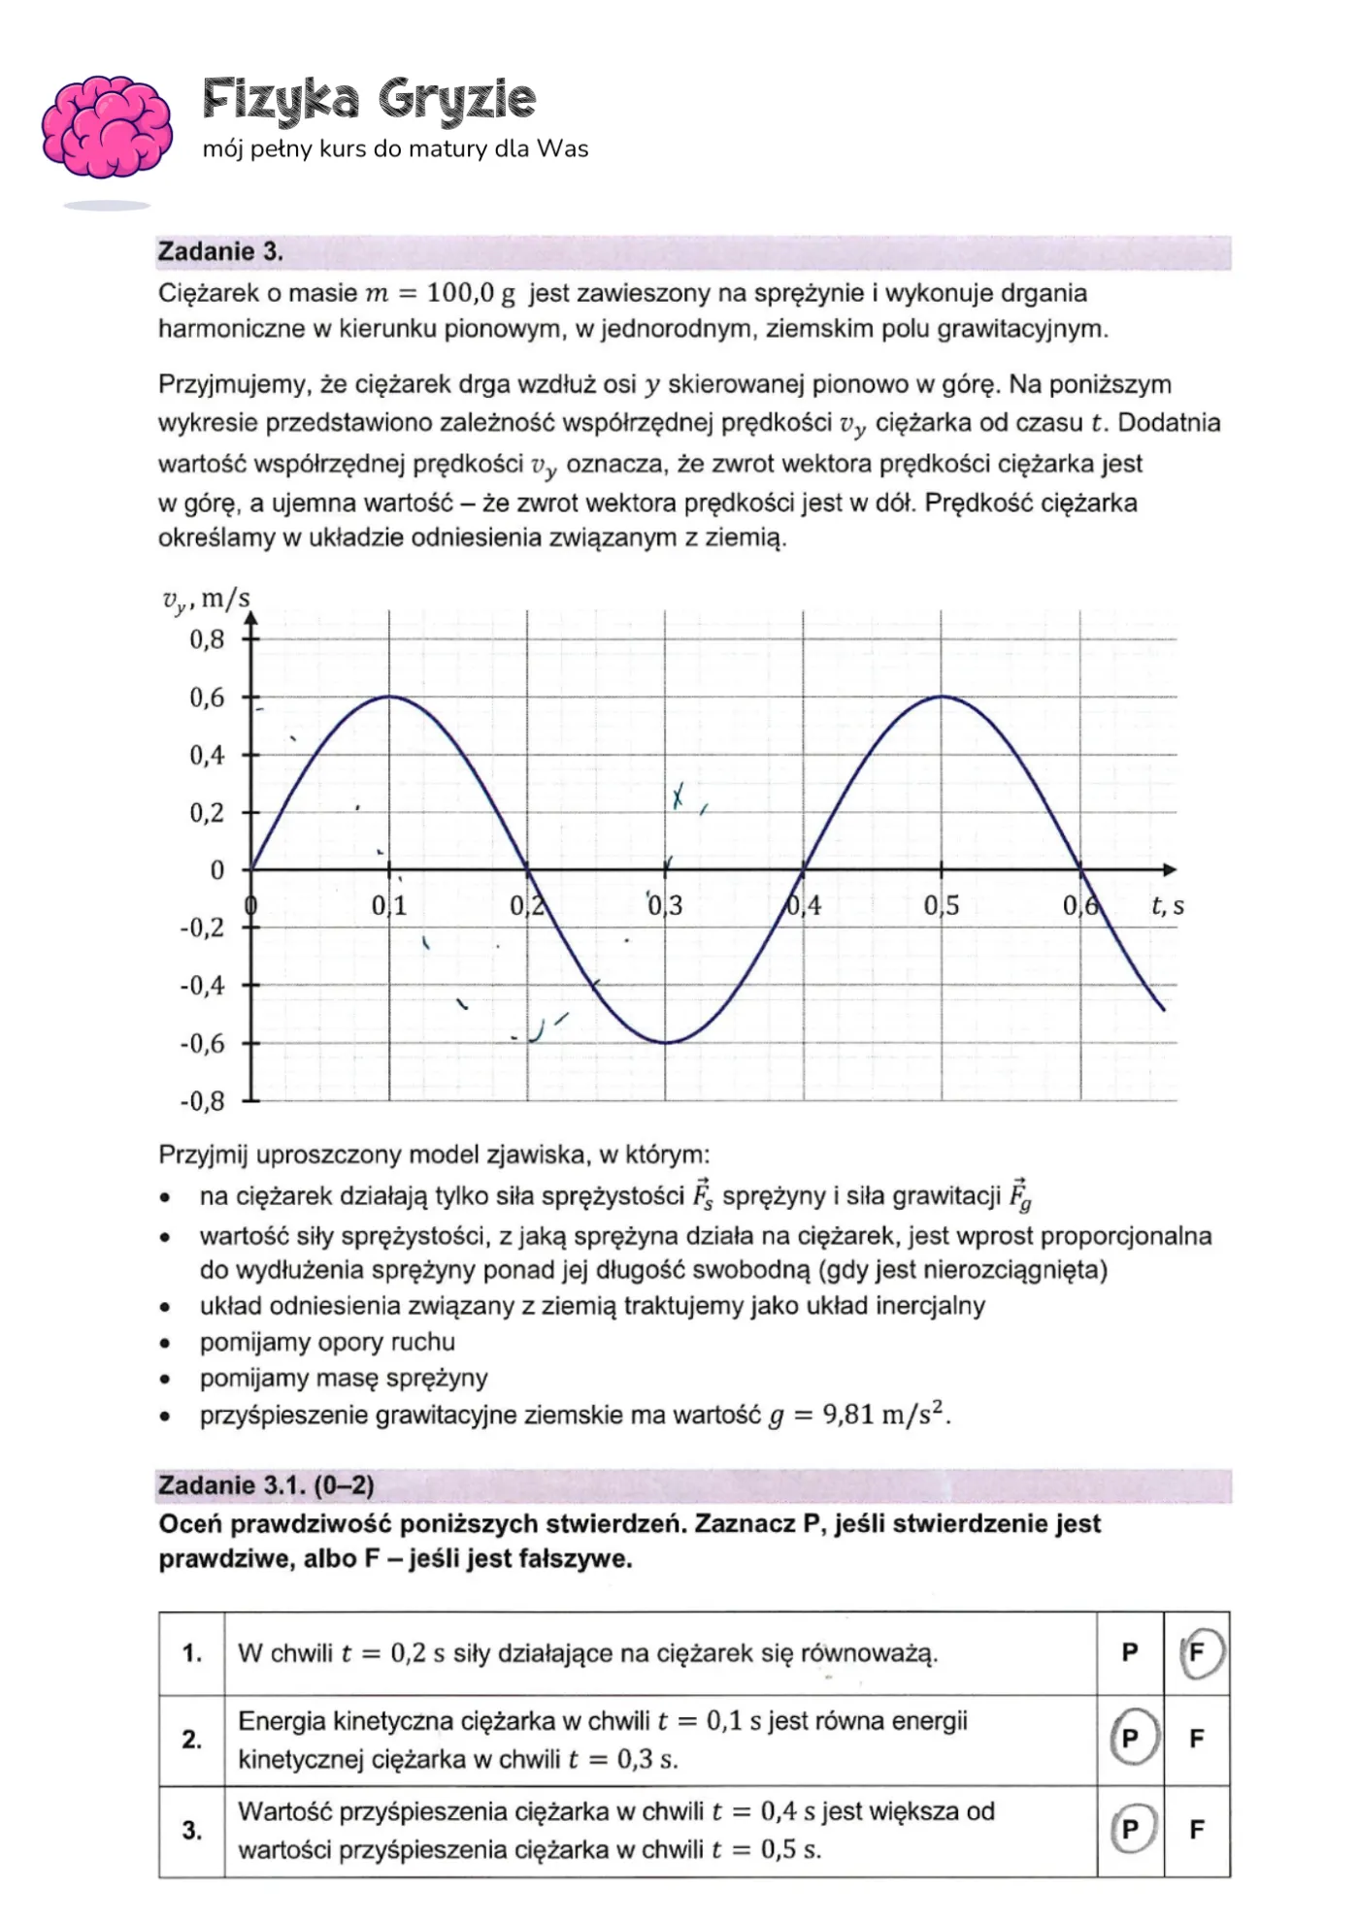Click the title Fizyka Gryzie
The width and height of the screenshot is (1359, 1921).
pyautogui.click(x=369, y=99)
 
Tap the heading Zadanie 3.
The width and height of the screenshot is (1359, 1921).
pyautogui.click(x=220, y=251)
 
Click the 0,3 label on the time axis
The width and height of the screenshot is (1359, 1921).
pyautogui.click(x=666, y=906)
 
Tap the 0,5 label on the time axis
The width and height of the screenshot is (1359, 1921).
pyautogui.click(x=941, y=906)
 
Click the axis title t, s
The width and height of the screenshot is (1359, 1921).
pyautogui.click(x=1167, y=906)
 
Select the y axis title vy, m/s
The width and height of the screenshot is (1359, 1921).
pyautogui.click(x=206, y=599)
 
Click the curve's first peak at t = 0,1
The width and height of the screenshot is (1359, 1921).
pyautogui.click(x=389, y=697)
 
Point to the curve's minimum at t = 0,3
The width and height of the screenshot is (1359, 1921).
pyautogui.click(x=666, y=1043)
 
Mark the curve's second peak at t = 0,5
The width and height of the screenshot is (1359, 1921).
pyautogui.click(x=941, y=697)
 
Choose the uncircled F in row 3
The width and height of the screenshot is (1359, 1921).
pyautogui.click(x=1197, y=1829)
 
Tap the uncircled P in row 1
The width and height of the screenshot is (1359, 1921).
pyautogui.click(x=1130, y=1651)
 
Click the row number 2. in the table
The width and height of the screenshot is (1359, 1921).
pyautogui.click(x=192, y=1739)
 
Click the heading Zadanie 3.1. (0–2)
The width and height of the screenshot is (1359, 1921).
pyautogui.click(x=266, y=1485)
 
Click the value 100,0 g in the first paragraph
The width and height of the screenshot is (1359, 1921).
pyautogui.click(x=470, y=293)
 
